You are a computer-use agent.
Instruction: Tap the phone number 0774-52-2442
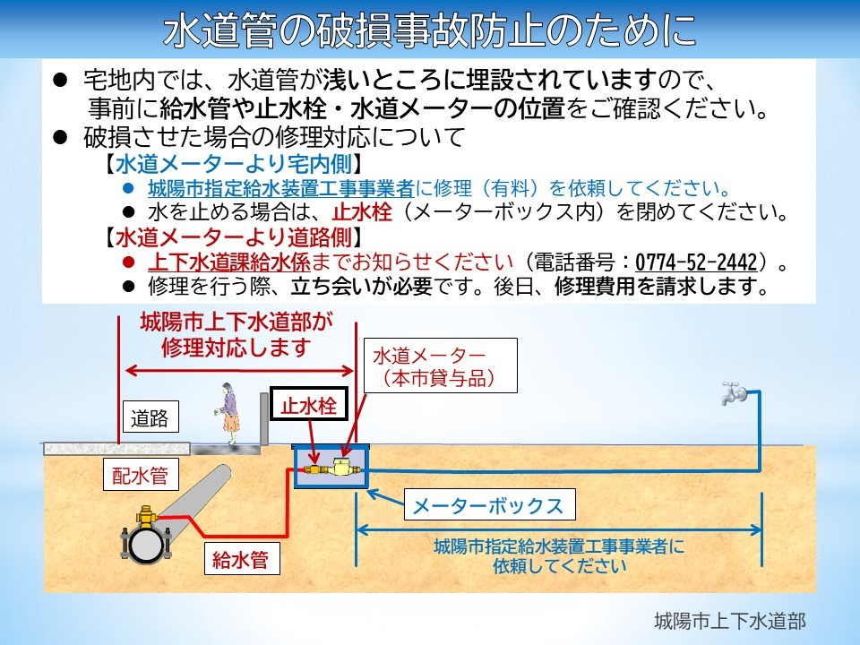696,262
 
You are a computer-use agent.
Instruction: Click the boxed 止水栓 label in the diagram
309,405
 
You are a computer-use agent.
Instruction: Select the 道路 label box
150,418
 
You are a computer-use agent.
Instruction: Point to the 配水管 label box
141,475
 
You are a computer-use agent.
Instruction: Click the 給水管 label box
241,559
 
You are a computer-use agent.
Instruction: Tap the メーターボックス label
489,505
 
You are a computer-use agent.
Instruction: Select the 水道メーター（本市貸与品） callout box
441,365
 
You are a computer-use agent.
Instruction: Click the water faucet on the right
734,392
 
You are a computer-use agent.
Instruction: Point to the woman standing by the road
230,414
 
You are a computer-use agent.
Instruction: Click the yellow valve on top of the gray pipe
146,516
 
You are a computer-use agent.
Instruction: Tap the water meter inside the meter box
341,468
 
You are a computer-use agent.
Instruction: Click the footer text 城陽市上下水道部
730,621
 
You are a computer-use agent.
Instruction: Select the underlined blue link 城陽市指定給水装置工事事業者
280,189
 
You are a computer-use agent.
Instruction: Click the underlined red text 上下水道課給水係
229,262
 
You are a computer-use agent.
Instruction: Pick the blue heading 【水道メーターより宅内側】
234,164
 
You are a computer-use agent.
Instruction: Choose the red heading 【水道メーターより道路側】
234,237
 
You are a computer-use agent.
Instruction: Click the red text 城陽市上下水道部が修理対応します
236,334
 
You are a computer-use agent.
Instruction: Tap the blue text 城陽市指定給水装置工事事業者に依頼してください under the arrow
559,555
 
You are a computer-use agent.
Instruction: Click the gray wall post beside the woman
264,419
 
